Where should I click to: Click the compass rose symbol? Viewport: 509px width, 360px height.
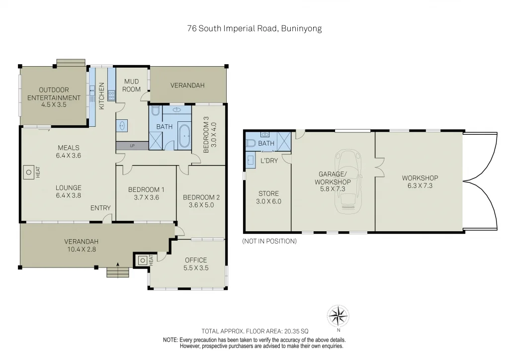338,315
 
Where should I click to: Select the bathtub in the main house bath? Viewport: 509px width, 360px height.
184,137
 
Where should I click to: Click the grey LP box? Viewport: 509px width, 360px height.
132,146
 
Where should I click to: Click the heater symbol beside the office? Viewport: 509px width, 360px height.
143,260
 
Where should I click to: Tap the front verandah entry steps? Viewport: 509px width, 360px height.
118,272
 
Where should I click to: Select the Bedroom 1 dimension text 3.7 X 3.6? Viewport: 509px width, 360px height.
146,197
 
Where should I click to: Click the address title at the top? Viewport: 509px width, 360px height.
254,28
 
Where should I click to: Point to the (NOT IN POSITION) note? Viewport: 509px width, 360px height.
269,241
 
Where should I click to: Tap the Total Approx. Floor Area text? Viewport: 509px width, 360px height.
254,331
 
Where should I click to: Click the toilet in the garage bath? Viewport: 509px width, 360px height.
251,143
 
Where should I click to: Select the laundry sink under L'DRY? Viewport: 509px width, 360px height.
251,160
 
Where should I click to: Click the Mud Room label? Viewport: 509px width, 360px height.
131,85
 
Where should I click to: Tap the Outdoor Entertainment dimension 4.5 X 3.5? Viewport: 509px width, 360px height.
54,105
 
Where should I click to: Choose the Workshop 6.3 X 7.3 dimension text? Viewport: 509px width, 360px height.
420,185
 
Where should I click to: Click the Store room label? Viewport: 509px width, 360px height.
268,193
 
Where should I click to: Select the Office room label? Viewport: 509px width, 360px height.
196,260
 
